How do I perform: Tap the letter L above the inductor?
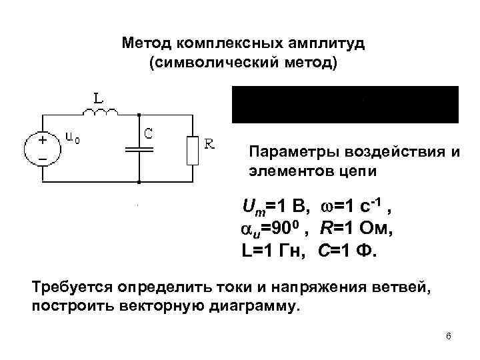pyautogui.click(x=98, y=98)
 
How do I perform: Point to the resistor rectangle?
pyautogui.click(x=193, y=149)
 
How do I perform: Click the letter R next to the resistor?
pyautogui.click(x=209, y=143)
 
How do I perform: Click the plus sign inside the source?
pyautogui.click(x=42, y=141)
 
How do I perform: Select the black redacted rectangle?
pyautogui.click(x=345, y=105)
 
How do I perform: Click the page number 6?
pyautogui.click(x=449, y=336)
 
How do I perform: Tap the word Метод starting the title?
pyautogui.click(x=146, y=44)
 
